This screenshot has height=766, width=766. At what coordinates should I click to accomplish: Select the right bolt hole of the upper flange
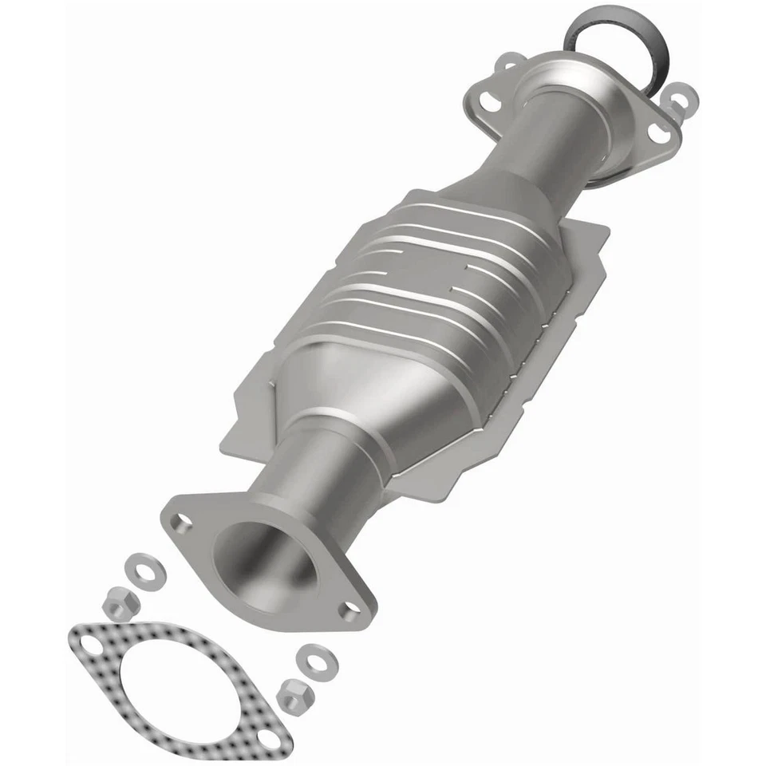(x=658, y=133)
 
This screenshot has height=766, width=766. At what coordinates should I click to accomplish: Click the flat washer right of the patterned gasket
(x=310, y=659)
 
